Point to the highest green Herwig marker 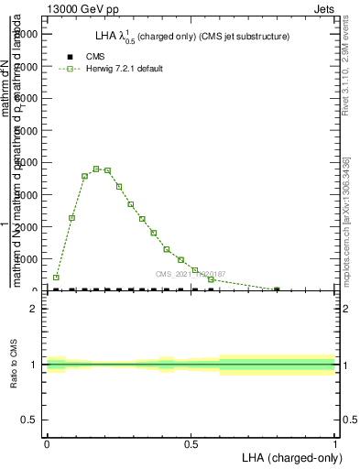pyautogui.click(x=96, y=169)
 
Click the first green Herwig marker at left pyautogui.click(x=56, y=277)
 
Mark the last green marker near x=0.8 pyautogui.click(x=277, y=289)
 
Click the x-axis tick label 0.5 pyautogui.click(x=191, y=443)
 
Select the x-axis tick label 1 pyautogui.click(x=335, y=443)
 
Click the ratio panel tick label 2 pyautogui.click(x=33, y=309)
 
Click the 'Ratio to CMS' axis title pyautogui.click(x=14, y=365)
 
